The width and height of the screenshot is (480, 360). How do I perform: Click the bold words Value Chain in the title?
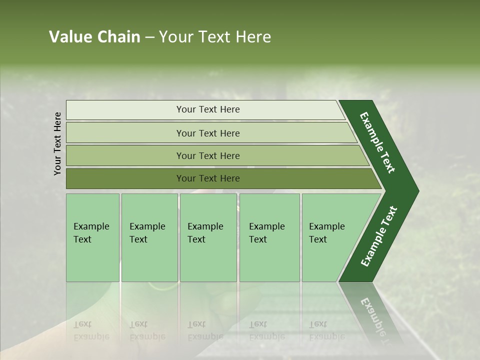[x=94, y=37]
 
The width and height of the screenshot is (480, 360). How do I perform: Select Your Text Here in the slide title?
[x=215, y=37]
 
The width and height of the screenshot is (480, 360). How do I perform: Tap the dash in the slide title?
[x=149, y=37]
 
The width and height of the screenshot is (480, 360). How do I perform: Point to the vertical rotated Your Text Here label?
[x=57, y=143]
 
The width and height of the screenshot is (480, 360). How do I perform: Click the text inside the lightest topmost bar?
[x=208, y=109]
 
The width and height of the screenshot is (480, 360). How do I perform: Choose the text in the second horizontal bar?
[x=208, y=133]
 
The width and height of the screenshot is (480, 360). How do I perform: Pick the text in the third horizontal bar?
[x=208, y=155]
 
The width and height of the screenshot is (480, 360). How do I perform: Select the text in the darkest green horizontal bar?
[x=208, y=178]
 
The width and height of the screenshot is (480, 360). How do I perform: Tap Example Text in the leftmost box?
[x=91, y=232]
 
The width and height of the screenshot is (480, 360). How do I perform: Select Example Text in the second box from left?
[x=147, y=232]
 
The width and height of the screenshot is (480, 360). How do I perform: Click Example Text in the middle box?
[x=205, y=232]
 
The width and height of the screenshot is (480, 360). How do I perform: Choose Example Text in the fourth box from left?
[x=266, y=232]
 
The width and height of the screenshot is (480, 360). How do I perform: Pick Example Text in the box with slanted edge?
[x=326, y=232]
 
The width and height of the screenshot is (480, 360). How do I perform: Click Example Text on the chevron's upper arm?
[x=377, y=142]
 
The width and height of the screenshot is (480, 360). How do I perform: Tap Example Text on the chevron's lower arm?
[x=379, y=236]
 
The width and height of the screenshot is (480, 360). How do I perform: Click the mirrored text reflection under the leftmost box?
[x=91, y=330]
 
